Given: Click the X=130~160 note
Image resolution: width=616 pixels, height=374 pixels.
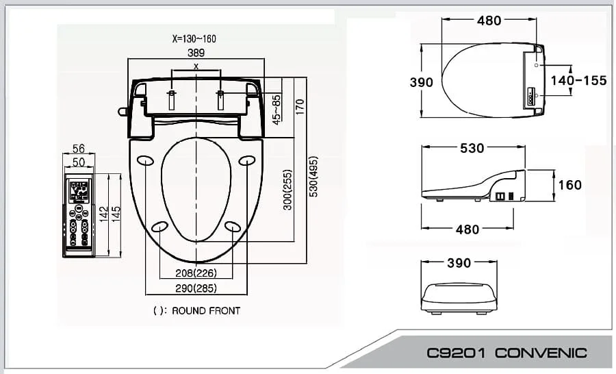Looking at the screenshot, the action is (x=194, y=38).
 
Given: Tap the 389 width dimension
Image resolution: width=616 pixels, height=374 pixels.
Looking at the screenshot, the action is (x=196, y=53).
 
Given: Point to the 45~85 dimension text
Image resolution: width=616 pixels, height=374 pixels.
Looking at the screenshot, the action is (x=277, y=110).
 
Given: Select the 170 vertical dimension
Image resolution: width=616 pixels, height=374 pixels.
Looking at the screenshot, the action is (x=300, y=107).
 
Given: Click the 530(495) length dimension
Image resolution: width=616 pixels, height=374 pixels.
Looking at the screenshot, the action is (x=313, y=177).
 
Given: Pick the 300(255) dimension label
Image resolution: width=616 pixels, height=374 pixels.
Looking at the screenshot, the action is (x=288, y=190).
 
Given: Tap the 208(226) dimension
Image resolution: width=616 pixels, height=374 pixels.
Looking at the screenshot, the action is (x=196, y=273).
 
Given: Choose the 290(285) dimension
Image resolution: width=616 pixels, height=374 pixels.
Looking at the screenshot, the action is (x=196, y=288).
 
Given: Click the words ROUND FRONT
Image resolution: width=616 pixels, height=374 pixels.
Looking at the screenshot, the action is (x=206, y=311).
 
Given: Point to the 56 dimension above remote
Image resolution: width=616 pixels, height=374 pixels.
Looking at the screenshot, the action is (x=79, y=148).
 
